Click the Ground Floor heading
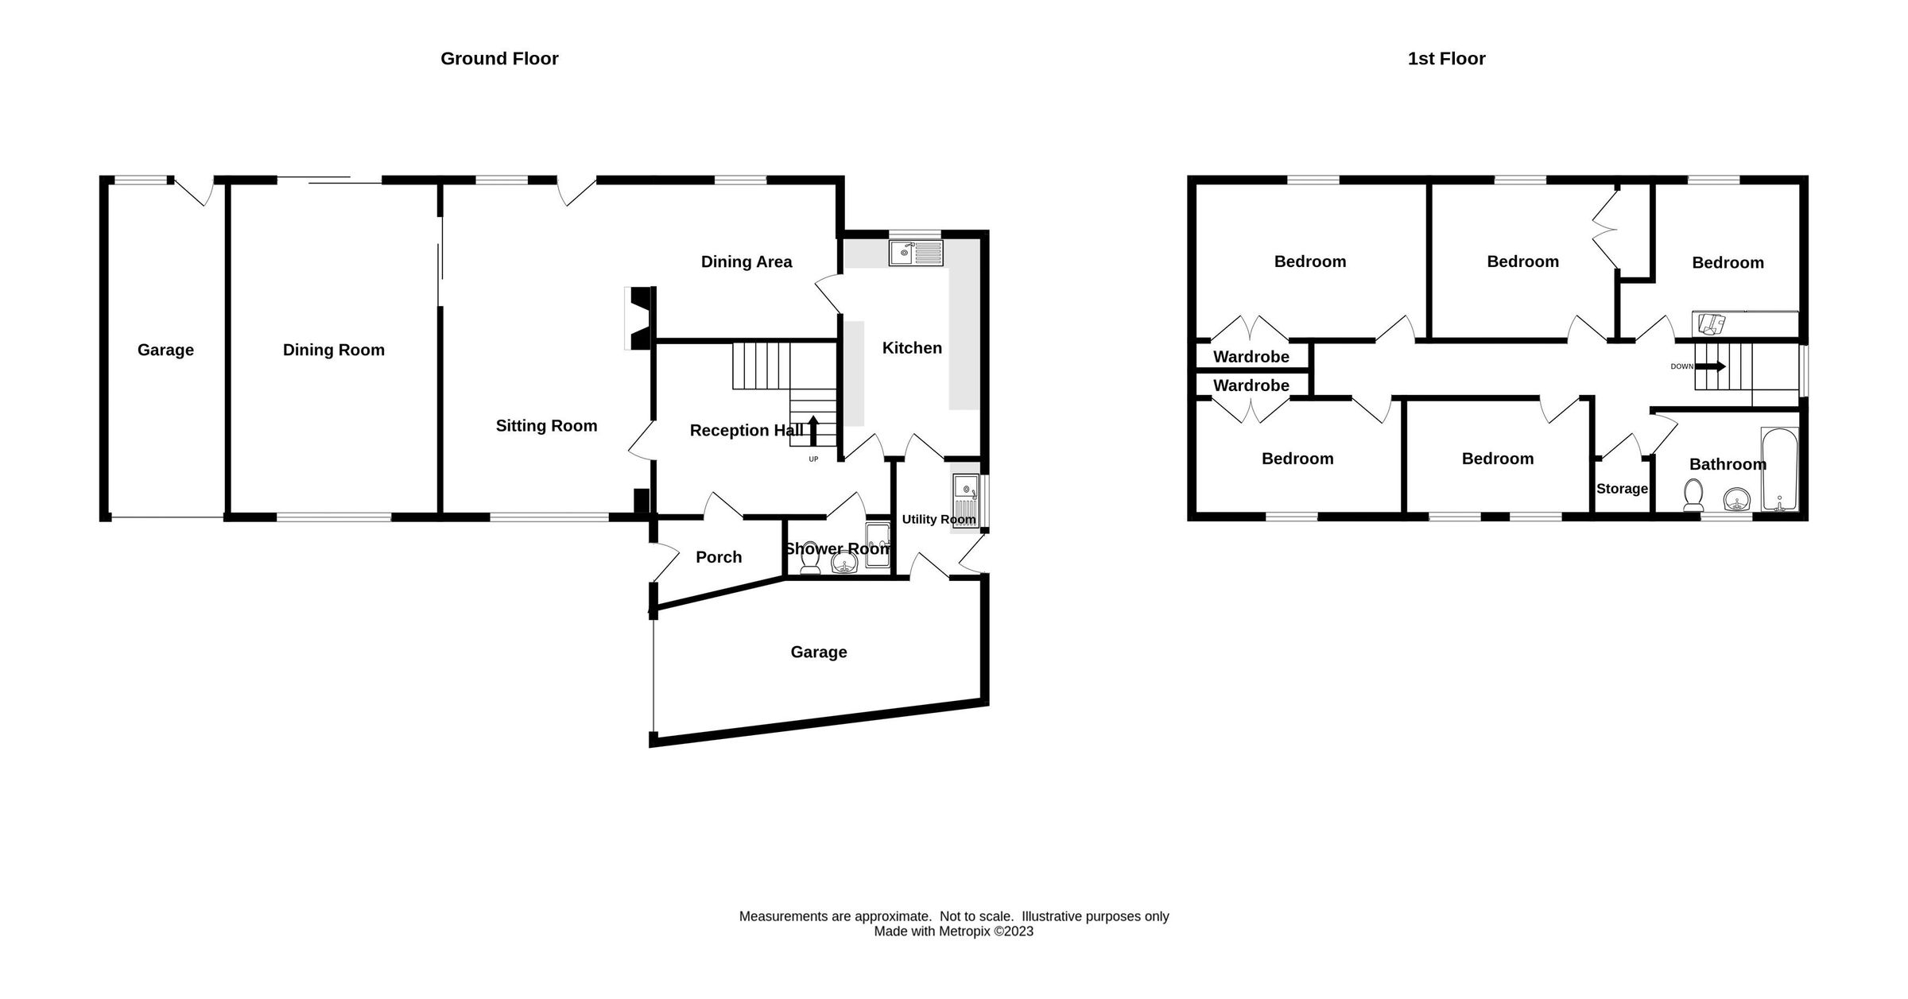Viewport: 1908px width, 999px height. [499, 59]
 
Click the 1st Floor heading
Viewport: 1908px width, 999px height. [1446, 59]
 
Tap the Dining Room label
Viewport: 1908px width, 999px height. [333, 350]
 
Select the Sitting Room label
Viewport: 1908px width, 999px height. [546, 426]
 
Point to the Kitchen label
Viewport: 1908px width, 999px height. [912, 348]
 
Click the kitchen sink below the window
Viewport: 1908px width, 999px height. [916, 254]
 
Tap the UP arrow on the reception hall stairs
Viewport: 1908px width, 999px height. [813, 432]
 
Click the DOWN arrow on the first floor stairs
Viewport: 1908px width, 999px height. [1710, 366]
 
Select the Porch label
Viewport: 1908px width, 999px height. [719, 557]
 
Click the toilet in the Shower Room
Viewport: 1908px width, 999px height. [810, 561]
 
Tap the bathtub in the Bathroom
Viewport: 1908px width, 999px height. [1778, 470]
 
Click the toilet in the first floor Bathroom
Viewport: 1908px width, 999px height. [1693, 496]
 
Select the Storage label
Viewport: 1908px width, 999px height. [1622, 489]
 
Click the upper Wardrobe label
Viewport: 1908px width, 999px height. [1251, 357]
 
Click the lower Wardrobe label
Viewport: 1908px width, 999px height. [1251, 385]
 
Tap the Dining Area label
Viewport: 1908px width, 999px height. [746, 262]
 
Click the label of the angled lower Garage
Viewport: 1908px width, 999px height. [818, 652]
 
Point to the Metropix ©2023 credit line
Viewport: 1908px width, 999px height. [953, 931]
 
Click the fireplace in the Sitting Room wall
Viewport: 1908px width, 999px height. [639, 318]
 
